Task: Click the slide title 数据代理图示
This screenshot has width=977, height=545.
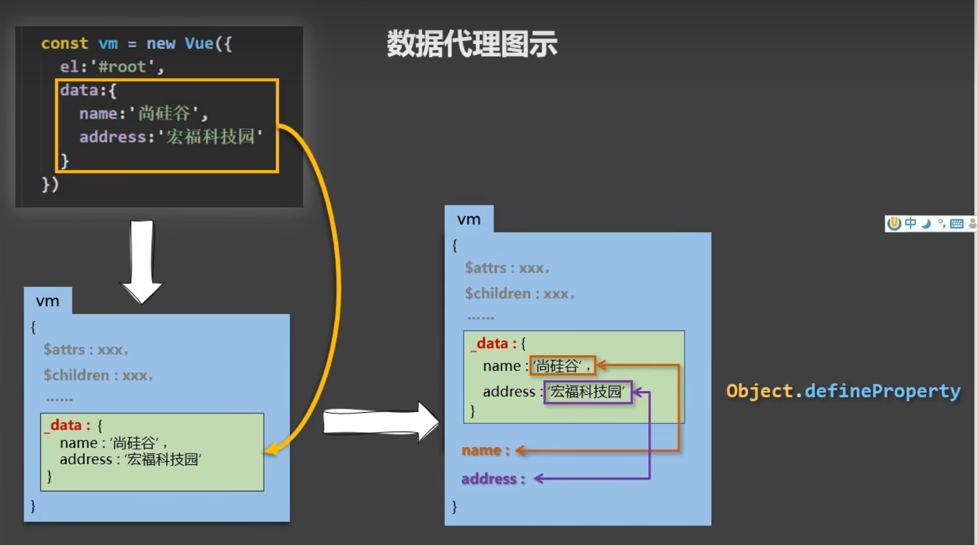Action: click(x=472, y=44)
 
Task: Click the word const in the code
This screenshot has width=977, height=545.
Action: click(x=64, y=43)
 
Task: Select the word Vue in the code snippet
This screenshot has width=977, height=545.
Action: click(x=199, y=43)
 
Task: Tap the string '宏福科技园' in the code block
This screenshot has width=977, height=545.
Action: click(x=210, y=137)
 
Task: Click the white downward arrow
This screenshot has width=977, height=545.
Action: click(x=142, y=260)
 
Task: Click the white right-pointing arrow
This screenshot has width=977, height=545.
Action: click(x=380, y=422)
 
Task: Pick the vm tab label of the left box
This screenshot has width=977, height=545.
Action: click(x=47, y=301)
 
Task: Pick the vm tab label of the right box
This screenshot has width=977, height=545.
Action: click(x=469, y=219)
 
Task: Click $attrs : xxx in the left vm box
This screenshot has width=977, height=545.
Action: click(x=85, y=350)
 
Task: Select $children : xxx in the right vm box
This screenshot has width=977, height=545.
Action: click(x=519, y=294)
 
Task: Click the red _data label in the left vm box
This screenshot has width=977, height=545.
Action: click(x=67, y=425)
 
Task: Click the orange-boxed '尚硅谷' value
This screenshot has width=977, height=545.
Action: click(x=562, y=366)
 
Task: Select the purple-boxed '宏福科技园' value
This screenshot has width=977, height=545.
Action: click(x=588, y=392)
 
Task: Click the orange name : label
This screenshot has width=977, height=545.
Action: click(x=485, y=451)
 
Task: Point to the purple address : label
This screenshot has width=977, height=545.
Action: click(x=493, y=479)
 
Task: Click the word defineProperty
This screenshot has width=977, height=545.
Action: click(x=882, y=391)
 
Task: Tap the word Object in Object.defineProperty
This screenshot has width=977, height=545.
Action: click(x=759, y=391)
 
